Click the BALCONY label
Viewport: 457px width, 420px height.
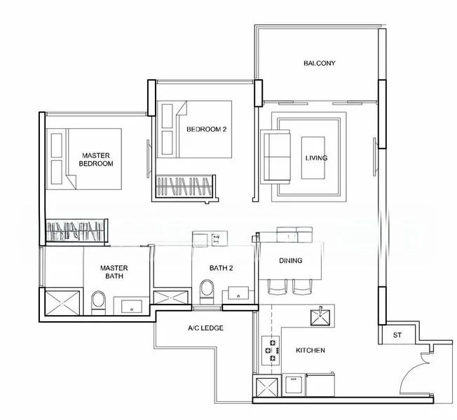click(320, 63)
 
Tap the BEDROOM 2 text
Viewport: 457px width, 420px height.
click(206, 129)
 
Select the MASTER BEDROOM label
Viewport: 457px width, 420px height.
click(96, 160)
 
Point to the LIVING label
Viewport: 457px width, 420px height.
click(316, 158)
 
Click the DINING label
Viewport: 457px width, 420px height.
click(291, 260)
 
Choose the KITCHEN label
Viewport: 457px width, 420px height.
click(311, 350)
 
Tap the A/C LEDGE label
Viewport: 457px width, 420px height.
click(206, 328)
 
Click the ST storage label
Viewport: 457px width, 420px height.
click(397, 335)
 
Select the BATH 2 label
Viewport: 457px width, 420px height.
click(221, 268)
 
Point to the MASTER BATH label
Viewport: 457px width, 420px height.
click(114, 272)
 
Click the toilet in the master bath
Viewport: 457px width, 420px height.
click(99, 303)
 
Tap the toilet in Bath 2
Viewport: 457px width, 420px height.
click(207, 292)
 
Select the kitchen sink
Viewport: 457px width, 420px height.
click(320, 317)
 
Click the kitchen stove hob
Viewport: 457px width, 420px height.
click(271, 351)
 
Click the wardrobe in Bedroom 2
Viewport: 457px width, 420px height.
click(185, 187)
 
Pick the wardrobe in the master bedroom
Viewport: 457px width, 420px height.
click(76, 231)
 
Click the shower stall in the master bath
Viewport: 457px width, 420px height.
click(62, 302)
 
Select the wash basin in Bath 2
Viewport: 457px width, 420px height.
click(238, 293)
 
